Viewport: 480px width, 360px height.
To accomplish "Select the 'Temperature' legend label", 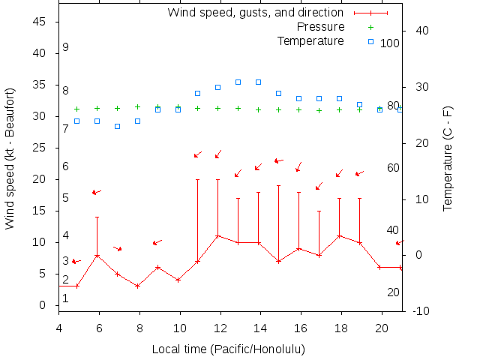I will click(310, 40).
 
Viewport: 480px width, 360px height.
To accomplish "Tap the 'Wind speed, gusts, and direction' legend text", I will click(255, 13).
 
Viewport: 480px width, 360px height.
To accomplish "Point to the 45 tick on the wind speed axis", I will click(41, 22).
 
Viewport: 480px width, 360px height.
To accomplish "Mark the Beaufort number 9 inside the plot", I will click(66, 47).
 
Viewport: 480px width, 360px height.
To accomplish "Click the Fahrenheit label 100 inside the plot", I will click(390, 43).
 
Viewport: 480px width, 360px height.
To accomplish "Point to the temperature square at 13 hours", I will click(238, 82).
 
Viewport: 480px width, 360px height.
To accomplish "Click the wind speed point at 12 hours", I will click(218, 236).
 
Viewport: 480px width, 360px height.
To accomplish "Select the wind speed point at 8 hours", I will click(137, 286).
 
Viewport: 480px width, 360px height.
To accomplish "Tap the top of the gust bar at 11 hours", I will click(198, 180).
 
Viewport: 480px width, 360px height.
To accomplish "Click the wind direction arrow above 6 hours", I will click(96, 192).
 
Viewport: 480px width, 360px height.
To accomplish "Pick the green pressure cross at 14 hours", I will click(259, 109).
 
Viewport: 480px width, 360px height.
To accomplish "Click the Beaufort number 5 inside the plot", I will click(66, 198).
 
